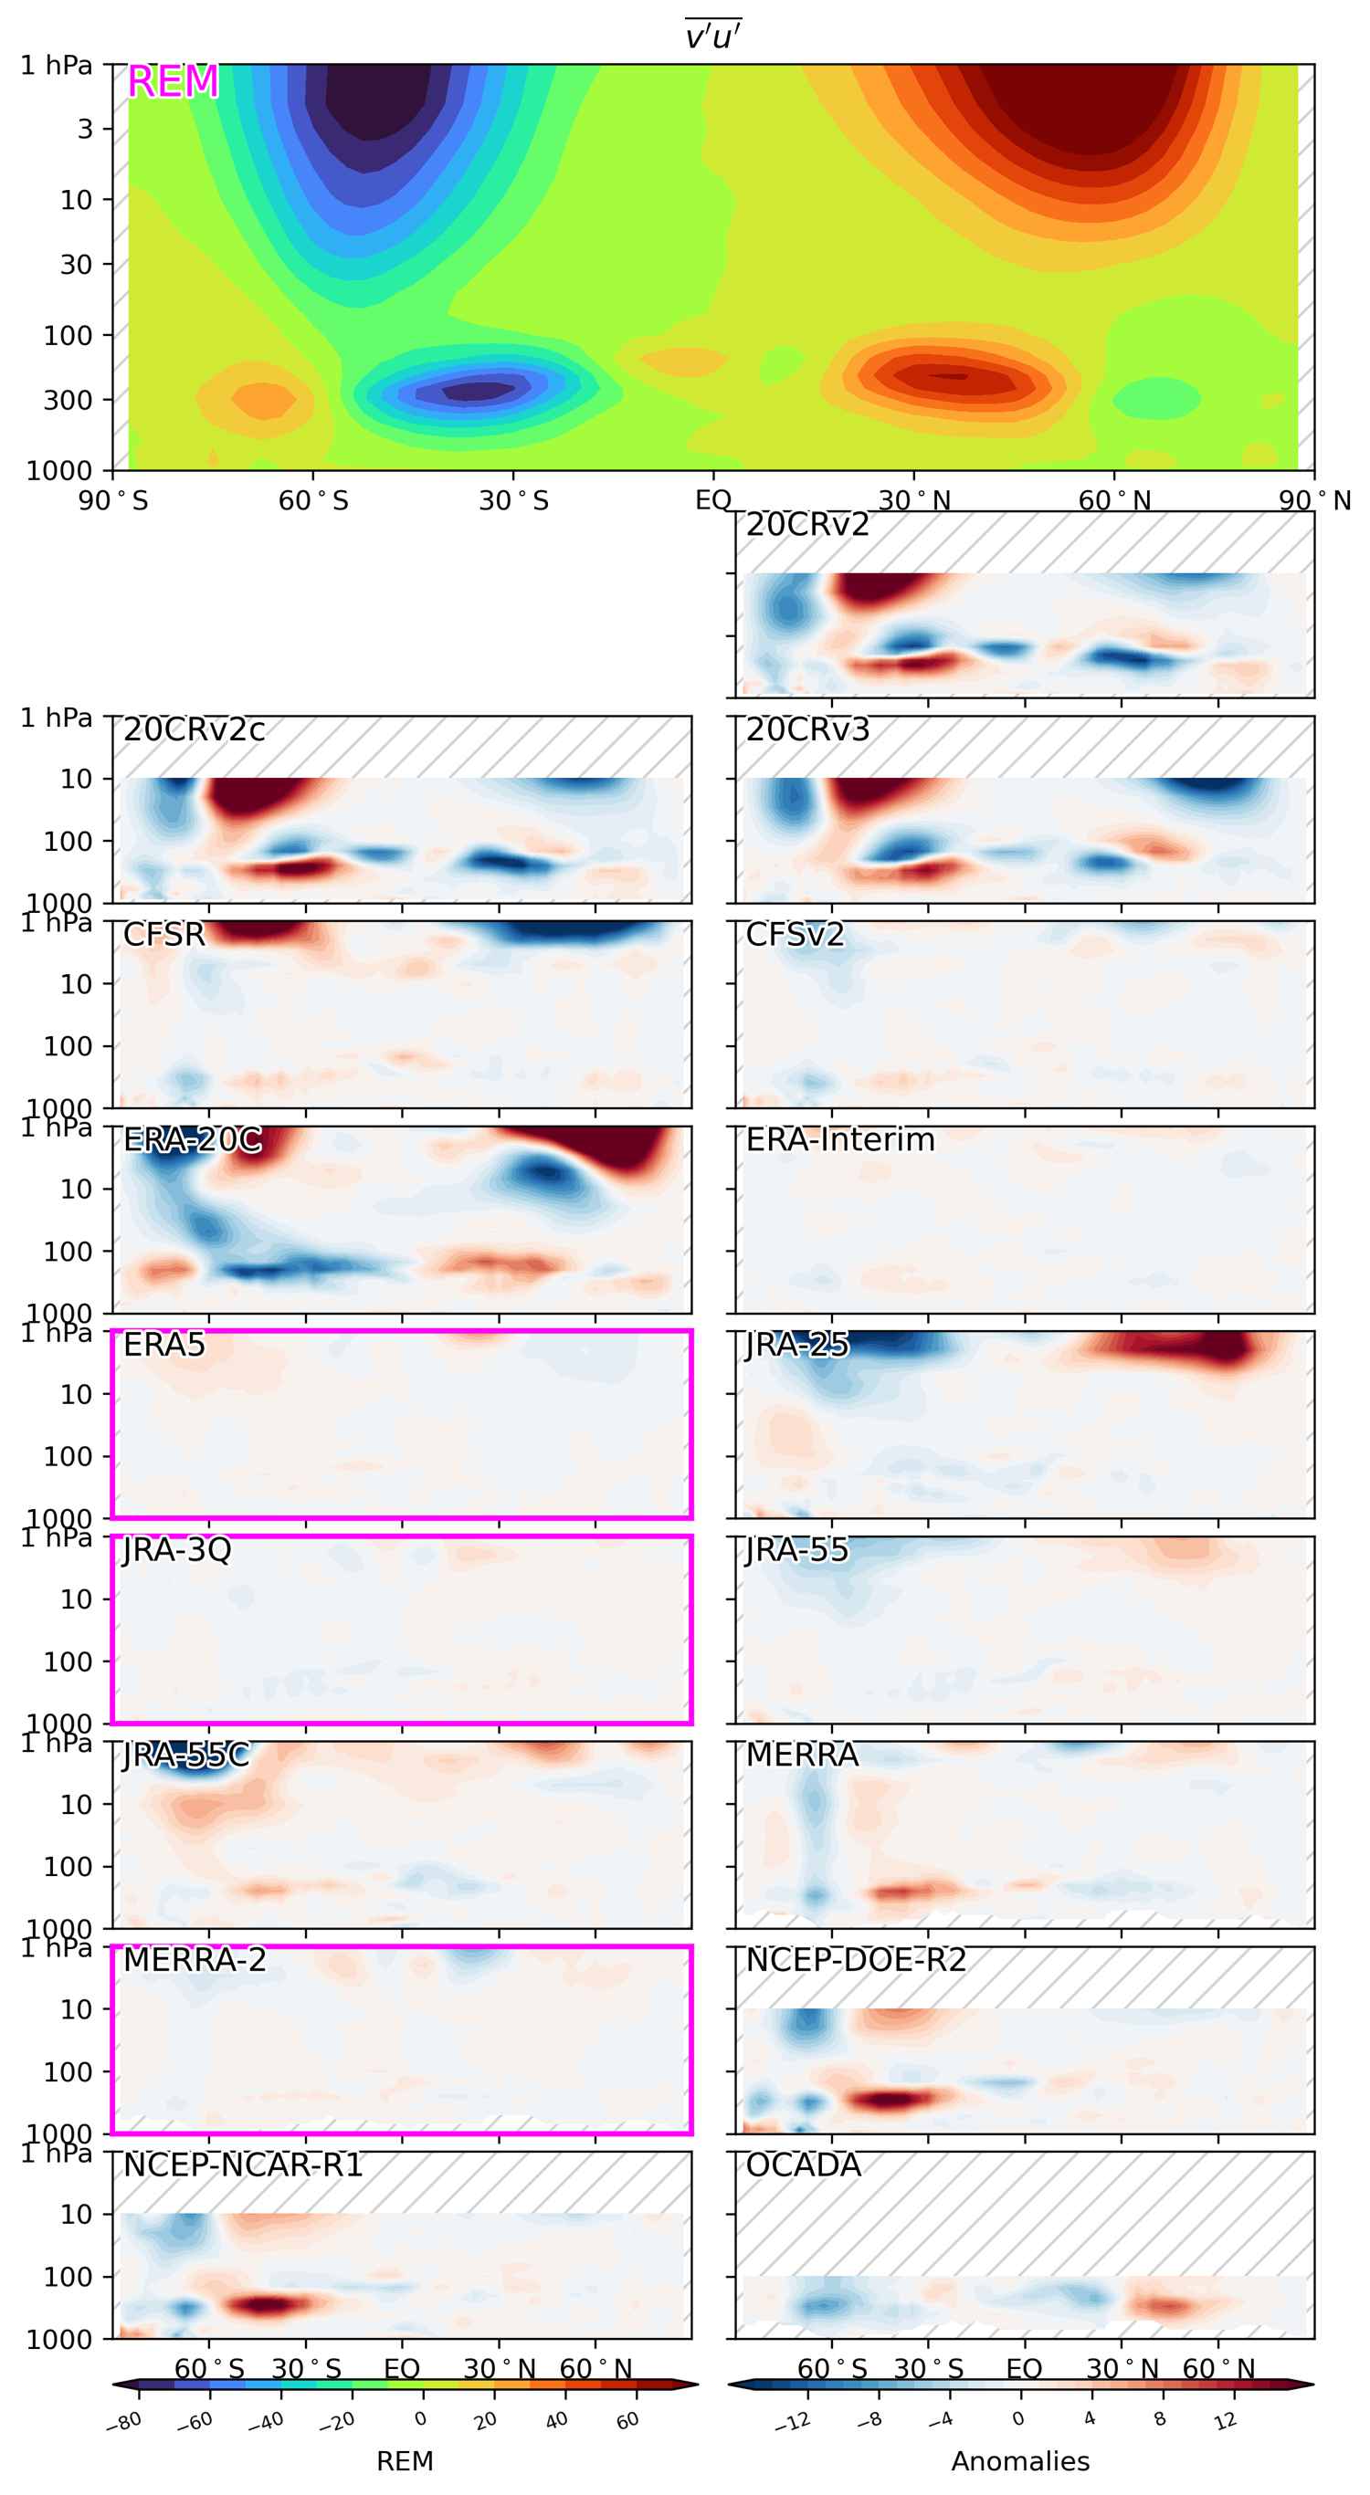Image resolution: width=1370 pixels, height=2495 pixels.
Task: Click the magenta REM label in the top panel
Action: point(173,82)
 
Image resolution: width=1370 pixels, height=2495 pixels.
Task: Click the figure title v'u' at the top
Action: point(713,36)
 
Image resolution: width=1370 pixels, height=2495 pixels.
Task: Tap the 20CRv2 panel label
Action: point(807,525)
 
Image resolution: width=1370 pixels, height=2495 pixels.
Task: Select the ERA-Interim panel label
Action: point(840,1140)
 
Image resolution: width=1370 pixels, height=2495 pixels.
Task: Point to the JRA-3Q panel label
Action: point(177,1550)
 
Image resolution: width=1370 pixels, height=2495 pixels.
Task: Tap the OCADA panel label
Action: point(803,2165)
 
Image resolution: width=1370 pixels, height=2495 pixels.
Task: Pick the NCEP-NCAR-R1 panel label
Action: point(242,2165)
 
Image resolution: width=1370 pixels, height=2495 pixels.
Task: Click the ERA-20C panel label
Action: point(192,1140)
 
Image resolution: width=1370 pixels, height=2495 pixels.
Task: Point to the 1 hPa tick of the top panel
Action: point(57,66)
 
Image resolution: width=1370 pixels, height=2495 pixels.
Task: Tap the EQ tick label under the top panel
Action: point(713,501)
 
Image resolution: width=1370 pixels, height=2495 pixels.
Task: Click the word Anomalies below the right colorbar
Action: point(1020,2461)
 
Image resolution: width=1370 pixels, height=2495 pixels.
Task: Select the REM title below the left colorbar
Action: point(404,2461)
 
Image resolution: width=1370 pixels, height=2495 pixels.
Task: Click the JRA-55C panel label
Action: point(186,1755)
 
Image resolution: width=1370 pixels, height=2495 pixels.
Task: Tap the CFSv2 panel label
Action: point(795,935)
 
